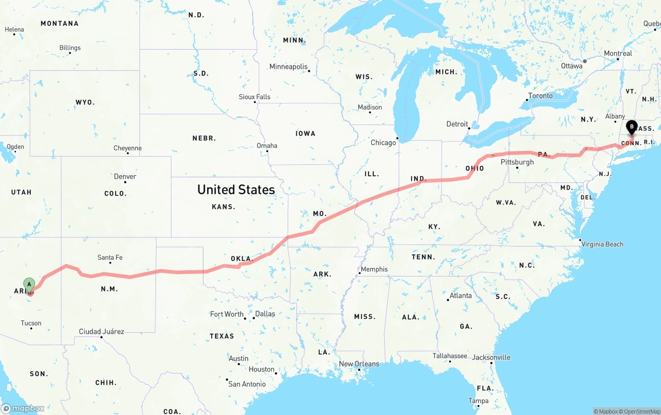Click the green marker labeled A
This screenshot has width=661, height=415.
(x=29, y=284)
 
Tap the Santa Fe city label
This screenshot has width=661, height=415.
(x=110, y=257)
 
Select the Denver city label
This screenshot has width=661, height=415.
(x=125, y=177)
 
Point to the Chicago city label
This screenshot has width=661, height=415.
(x=383, y=143)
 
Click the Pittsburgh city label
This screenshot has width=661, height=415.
(x=517, y=162)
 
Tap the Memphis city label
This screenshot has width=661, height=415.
(x=374, y=269)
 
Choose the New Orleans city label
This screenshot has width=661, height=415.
(x=359, y=364)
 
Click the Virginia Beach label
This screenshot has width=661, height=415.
(x=602, y=244)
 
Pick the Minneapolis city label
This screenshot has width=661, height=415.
(x=288, y=67)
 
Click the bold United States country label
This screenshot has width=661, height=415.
(x=236, y=190)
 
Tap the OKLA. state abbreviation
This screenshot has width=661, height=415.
(x=241, y=258)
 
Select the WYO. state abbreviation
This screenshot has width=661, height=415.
(x=85, y=102)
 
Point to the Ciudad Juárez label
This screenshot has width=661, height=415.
(x=101, y=331)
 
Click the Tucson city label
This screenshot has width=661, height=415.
(x=31, y=323)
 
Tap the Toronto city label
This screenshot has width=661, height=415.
(x=541, y=96)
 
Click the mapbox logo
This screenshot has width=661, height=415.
(x=23, y=408)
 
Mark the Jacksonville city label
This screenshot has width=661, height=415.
(x=491, y=357)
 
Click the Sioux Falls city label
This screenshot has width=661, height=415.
(x=255, y=97)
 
